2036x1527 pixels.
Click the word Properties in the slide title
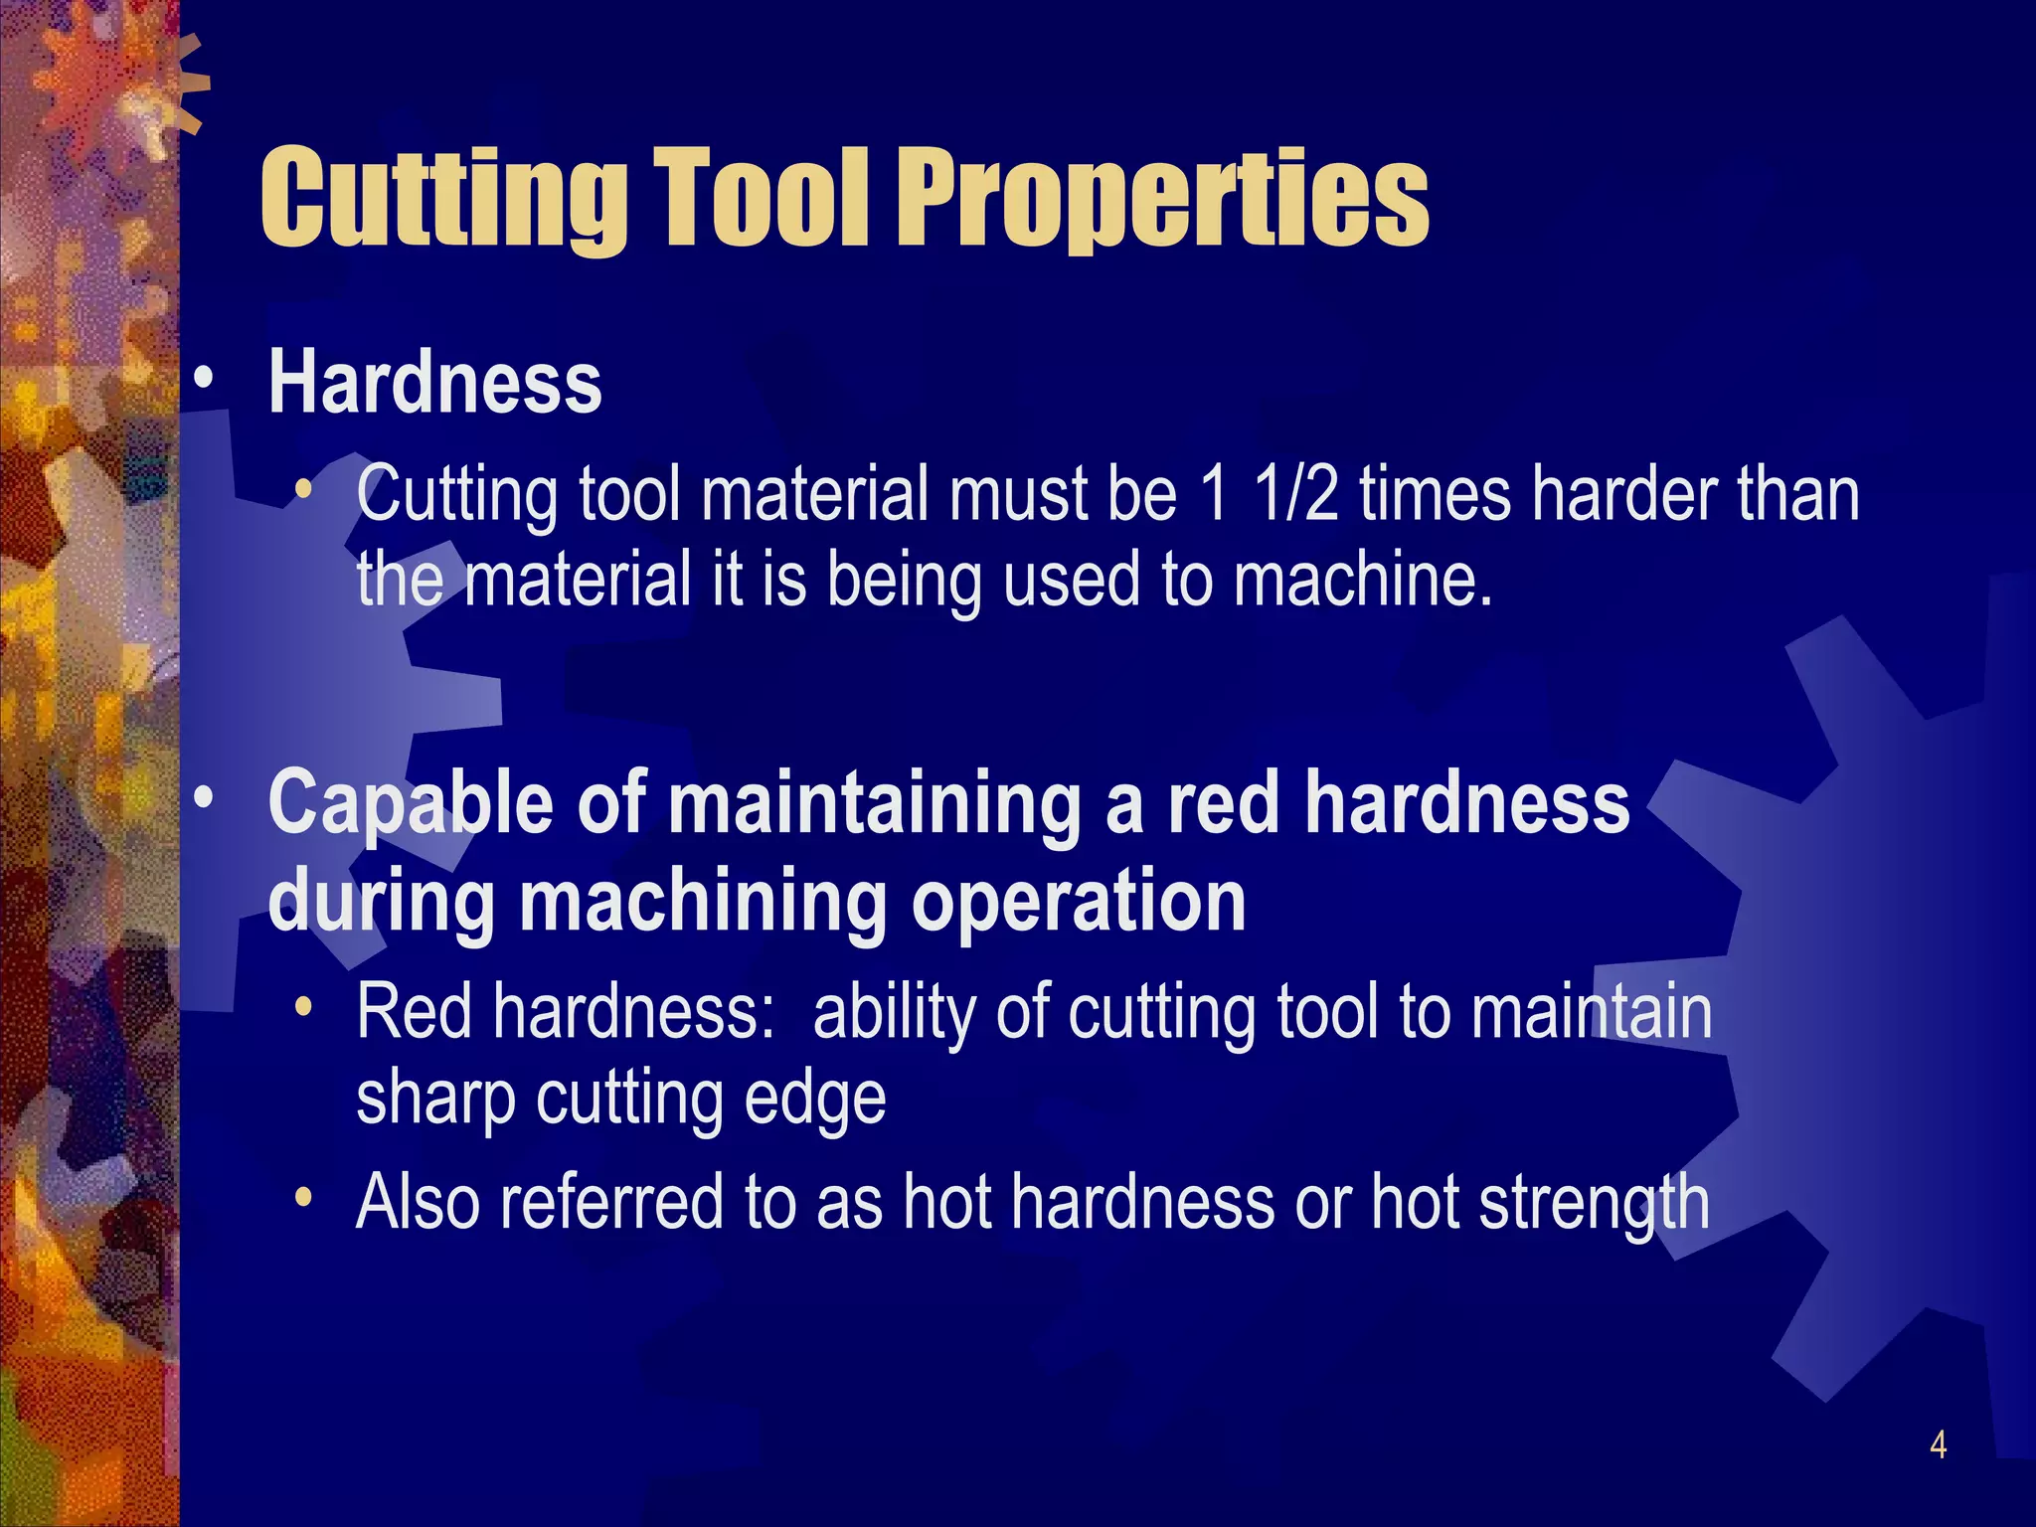click(x=1168, y=199)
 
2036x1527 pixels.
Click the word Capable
click(x=411, y=803)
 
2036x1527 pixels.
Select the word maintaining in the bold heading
click(x=876, y=803)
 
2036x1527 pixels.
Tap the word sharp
click(x=435, y=1100)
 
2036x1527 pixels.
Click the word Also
click(x=418, y=1202)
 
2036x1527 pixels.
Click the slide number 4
click(x=1938, y=1443)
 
